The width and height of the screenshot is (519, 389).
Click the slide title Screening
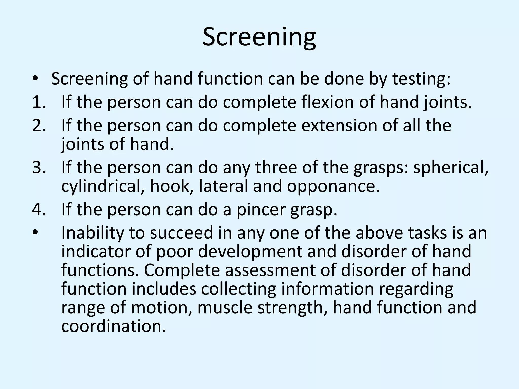259,37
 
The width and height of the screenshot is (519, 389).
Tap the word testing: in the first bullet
421,79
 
